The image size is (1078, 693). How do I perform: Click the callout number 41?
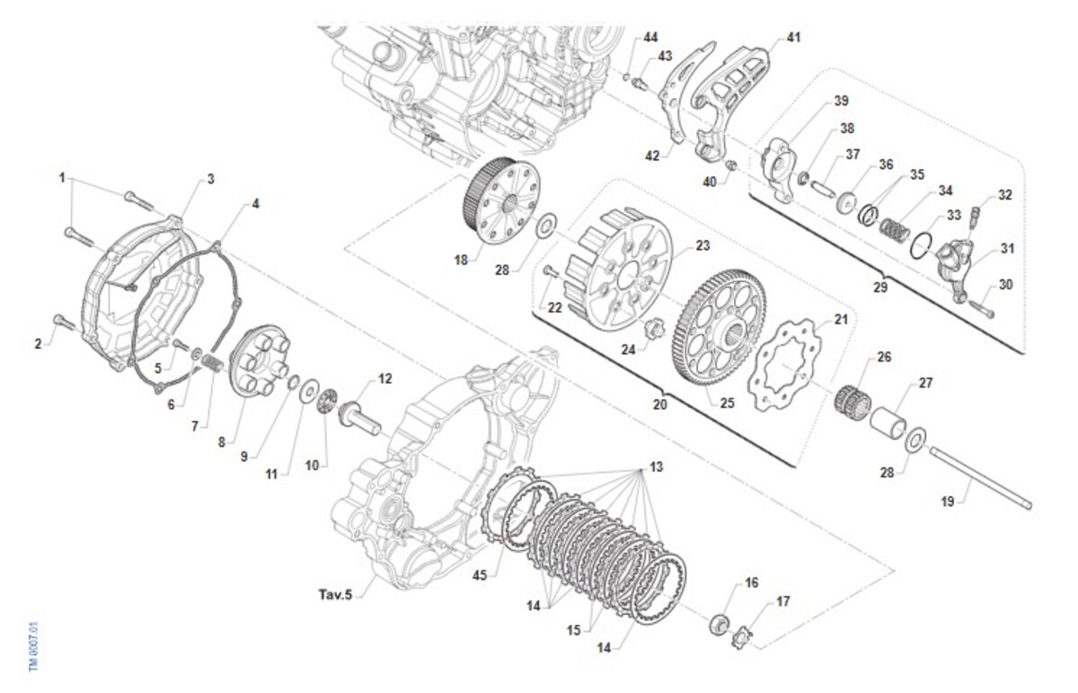tap(793, 37)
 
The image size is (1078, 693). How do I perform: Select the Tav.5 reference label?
tap(335, 595)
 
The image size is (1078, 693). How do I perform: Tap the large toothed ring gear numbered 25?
tap(719, 327)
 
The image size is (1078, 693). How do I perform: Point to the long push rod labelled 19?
tap(980, 477)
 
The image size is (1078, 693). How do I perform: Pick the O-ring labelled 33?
tap(921, 245)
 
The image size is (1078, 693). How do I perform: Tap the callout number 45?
tap(480, 575)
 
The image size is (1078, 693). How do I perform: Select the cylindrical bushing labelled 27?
tap(888, 422)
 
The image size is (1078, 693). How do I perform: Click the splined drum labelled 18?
tap(501, 200)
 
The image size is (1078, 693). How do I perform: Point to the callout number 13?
tap(656, 466)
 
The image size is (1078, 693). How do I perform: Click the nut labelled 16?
tap(720, 624)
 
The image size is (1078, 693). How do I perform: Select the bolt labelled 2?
tap(65, 322)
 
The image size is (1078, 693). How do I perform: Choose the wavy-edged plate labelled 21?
tap(784, 365)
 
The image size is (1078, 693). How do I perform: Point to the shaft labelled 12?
tap(359, 419)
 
